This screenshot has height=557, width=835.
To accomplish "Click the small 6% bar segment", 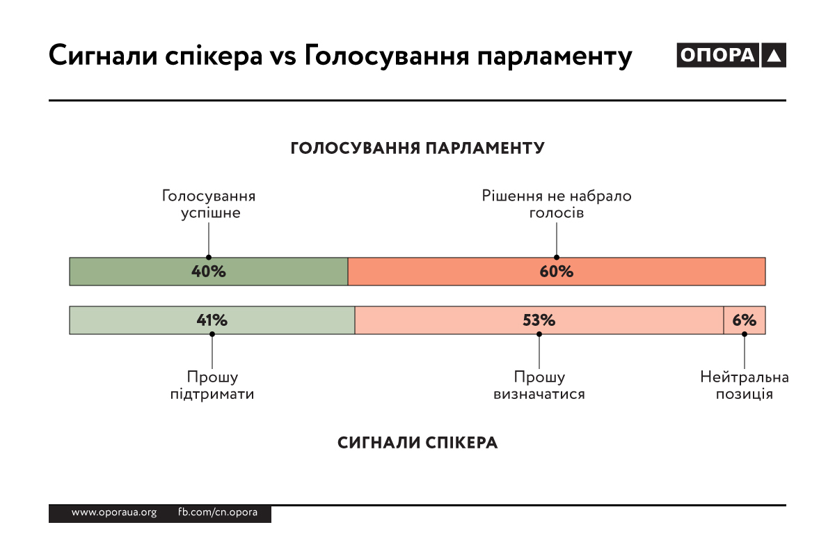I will pyautogui.click(x=745, y=320).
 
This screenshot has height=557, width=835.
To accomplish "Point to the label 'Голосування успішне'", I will pyautogui.click(x=209, y=204).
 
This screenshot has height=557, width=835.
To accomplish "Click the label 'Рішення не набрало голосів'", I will pyautogui.click(x=557, y=204).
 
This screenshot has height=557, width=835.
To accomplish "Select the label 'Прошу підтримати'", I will pyautogui.click(x=212, y=385).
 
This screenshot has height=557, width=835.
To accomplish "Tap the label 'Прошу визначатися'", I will pyautogui.click(x=539, y=385).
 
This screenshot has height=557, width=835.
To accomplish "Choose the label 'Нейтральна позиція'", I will pyautogui.click(x=745, y=385).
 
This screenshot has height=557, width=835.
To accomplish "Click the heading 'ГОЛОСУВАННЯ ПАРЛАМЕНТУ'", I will pyautogui.click(x=417, y=148).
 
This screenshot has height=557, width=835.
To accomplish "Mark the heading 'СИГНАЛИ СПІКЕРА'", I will pyautogui.click(x=417, y=443).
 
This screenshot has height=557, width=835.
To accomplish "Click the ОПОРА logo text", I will pyautogui.click(x=717, y=56).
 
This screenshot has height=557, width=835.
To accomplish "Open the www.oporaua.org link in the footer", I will pyautogui.click(x=114, y=512).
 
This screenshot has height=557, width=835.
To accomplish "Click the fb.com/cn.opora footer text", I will pyautogui.click(x=218, y=512).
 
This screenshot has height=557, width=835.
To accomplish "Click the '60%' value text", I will pyautogui.click(x=557, y=272).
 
